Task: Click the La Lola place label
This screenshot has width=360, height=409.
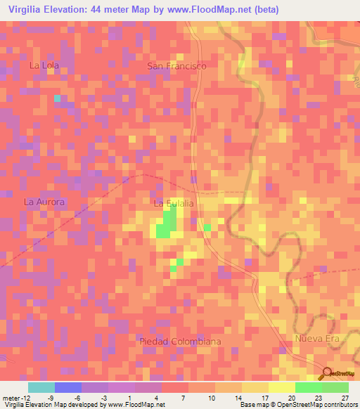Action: [44, 65]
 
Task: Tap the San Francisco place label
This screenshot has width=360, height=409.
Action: [176, 65]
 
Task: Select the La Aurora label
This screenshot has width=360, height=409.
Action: [44, 202]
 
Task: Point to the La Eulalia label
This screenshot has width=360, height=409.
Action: [173, 203]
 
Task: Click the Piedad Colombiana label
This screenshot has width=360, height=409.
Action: [180, 341]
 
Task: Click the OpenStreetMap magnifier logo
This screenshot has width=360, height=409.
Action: [326, 373]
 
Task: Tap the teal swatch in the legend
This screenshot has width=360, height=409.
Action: [41, 387]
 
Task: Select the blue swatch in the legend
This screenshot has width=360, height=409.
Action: [68, 387]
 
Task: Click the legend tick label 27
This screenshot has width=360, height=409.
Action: [345, 398]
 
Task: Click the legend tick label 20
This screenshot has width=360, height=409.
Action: [292, 398]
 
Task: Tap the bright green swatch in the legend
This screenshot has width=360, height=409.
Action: [309, 387]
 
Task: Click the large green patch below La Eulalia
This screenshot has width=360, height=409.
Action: [165, 226]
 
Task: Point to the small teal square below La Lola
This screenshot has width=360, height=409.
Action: [58, 98]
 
